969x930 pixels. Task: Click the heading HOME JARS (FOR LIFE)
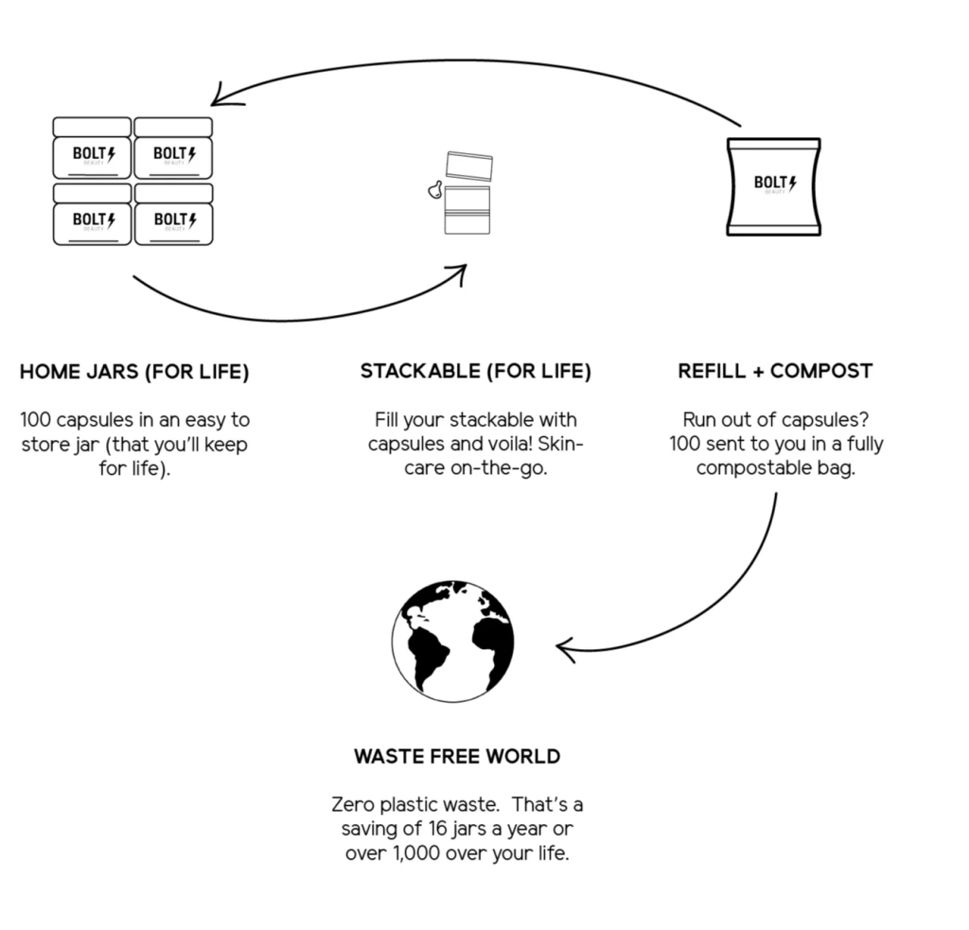tap(134, 372)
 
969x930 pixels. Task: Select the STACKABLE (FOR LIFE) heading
tap(475, 372)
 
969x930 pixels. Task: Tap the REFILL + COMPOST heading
tap(775, 372)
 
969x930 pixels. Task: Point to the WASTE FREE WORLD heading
tap(457, 757)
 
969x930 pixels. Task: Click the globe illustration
tap(453, 641)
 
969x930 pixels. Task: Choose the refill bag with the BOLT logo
tap(774, 186)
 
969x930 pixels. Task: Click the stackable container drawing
tap(467, 193)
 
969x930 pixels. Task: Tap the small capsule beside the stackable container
tap(434, 190)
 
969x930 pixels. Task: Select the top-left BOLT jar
tap(92, 149)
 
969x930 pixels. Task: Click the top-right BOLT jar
tap(173, 149)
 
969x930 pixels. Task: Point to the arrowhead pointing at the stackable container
tap(459, 274)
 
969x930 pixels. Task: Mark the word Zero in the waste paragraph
tap(352, 805)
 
